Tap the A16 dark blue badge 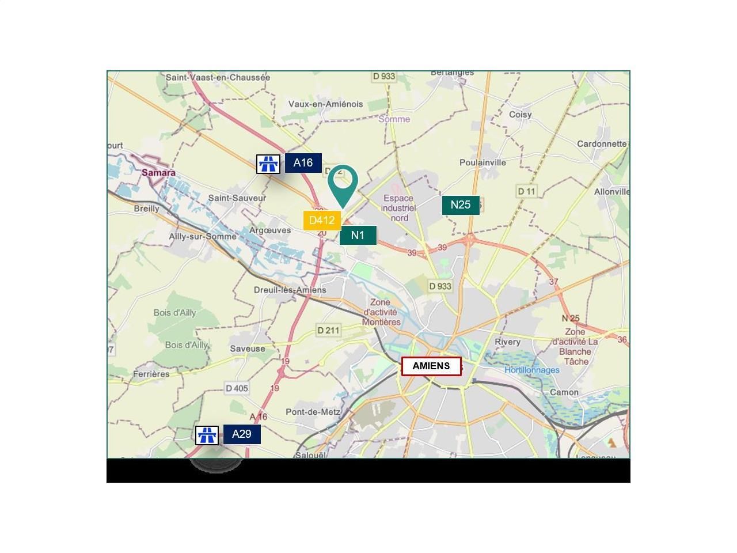303,163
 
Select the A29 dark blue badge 242,434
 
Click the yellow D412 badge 322,220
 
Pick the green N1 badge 358,235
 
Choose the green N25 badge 461,205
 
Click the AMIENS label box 431,366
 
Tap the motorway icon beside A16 268,164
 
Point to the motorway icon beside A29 207,435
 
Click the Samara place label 158,173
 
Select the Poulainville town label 483,162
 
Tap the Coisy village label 520,115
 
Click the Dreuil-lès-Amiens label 290,290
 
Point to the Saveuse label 248,349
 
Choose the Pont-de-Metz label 313,412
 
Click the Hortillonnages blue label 532,370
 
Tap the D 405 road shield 237,388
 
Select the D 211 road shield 328,330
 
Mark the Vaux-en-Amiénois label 325,104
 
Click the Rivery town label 507,342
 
